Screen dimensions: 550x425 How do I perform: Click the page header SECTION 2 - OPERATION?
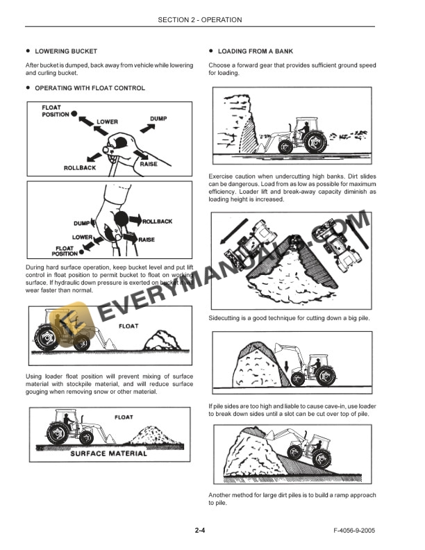point(199,20)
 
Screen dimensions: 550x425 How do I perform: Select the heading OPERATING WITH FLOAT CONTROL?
point(90,88)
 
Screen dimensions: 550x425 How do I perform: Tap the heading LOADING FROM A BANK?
point(255,51)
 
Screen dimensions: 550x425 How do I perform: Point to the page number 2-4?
point(200,531)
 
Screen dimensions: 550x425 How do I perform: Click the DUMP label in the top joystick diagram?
point(158,119)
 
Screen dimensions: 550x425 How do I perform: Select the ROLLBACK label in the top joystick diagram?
point(79,168)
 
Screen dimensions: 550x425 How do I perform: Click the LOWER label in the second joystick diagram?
point(83,237)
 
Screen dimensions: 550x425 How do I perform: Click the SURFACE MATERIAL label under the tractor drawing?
point(109,453)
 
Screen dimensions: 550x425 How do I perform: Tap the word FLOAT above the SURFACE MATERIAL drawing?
point(124,417)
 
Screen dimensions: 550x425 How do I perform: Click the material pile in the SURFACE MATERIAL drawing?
point(159,434)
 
